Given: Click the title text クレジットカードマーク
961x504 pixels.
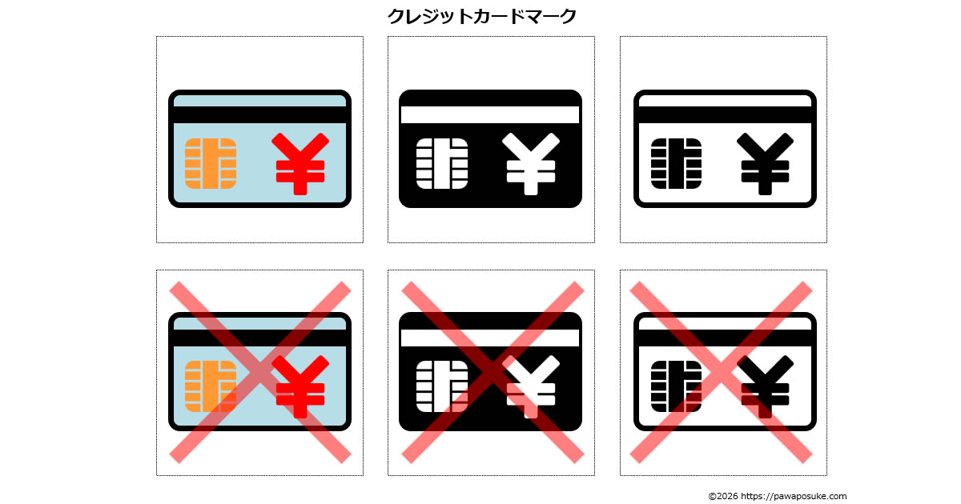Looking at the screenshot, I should (x=481, y=16).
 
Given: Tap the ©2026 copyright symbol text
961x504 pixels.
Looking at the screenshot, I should (x=722, y=496).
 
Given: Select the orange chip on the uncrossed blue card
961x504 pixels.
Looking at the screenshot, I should (x=211, y=163).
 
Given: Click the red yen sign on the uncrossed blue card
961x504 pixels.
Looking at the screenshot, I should (x=300, y=164).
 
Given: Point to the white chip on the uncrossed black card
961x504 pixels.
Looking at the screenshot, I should (x=442, y=163).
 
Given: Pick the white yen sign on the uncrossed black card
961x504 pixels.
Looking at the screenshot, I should (x=531, y=164).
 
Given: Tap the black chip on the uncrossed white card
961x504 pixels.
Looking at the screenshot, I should (x=676, y=163).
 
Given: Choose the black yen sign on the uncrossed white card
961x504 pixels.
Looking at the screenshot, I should (x=765, y=164).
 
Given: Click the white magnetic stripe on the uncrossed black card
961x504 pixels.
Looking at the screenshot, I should (x=490, y=114).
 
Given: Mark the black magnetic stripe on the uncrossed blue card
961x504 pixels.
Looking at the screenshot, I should (x=259, y=114).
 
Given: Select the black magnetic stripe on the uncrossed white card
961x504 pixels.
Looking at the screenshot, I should (x=725, y=114).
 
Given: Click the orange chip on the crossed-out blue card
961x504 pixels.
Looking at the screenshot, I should (x=211, y=386).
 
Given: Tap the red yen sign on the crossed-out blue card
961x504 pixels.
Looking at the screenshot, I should (x=300, y=387).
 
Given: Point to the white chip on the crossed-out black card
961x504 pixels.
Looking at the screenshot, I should (x=442, y=386).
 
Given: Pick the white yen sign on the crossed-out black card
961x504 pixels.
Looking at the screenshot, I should (x=531, y=387).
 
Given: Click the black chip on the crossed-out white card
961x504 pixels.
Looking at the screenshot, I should (x=676, y=386).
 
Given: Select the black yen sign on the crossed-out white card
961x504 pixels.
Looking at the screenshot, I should (x=765, y=387).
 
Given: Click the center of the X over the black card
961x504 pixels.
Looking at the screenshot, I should (x=492, y=372).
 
